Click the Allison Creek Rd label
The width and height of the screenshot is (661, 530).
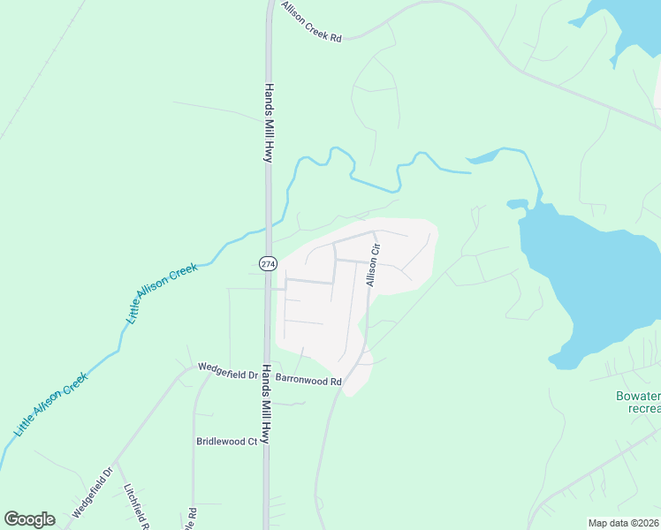[311, 21]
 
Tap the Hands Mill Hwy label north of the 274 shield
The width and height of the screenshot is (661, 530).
[268, 123]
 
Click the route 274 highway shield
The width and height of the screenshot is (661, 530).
[269, 263]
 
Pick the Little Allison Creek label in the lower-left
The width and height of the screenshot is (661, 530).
[50, 405]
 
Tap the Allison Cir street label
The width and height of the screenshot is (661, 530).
[373, 264]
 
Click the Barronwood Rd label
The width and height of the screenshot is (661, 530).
[308, 380]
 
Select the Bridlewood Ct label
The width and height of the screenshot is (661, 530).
[226, 441]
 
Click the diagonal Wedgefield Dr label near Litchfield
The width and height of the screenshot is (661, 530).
[94, 493]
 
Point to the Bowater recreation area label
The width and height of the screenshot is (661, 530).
[637, 403]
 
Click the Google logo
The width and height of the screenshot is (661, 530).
[29, 519]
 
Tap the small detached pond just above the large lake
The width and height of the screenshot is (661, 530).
[516, 204]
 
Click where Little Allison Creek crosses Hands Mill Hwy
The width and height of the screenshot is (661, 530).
[269, 229]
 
